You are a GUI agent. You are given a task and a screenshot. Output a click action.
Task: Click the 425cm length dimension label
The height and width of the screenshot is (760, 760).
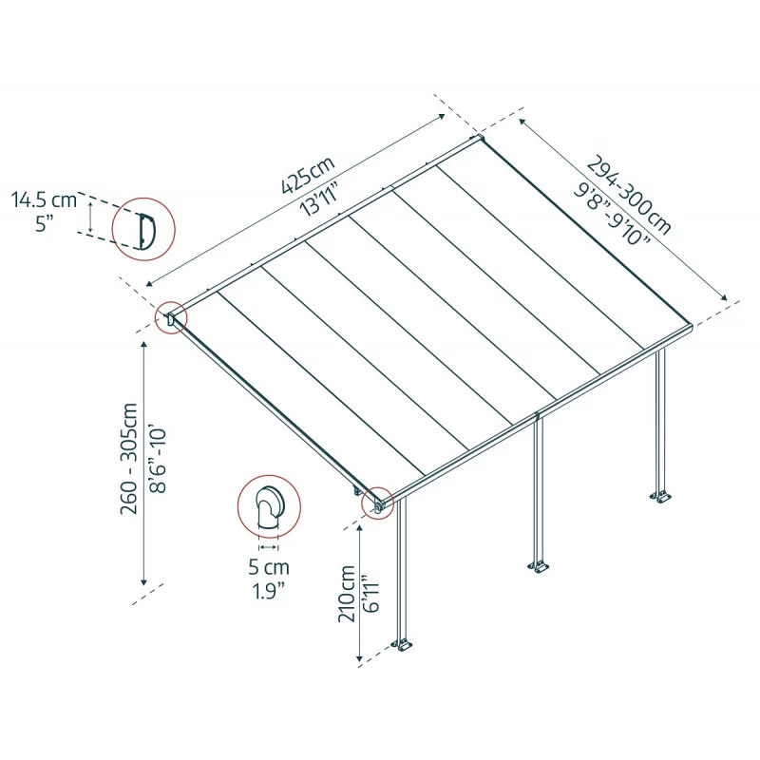308,174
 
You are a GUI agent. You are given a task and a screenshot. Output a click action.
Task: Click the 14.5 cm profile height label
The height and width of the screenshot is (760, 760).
44,200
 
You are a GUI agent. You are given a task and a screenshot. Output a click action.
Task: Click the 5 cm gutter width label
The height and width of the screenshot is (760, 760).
270,568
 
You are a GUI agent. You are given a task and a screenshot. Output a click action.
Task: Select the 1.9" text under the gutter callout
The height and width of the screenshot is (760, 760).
270,591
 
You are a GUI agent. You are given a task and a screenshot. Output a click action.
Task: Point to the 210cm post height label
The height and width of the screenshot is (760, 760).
346,594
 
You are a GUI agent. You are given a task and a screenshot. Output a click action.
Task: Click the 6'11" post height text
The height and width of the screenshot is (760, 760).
371,594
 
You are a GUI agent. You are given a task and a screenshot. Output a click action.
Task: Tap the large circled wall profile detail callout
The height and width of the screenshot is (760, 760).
143,229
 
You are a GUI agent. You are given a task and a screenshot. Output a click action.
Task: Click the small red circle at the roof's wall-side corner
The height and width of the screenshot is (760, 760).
172,318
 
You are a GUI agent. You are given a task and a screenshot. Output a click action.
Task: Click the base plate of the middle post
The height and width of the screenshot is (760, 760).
539,567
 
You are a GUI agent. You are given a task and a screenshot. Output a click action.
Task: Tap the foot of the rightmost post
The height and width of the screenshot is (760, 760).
660,496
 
